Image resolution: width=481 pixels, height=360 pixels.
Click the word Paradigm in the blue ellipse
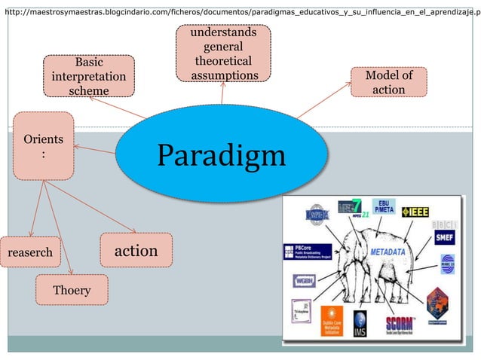tap(221, 157)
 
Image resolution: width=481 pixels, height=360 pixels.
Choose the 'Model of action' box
tap(388, 82)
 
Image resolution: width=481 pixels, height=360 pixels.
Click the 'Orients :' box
tap(44, 146)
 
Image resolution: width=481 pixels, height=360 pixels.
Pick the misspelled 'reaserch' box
tap(30, 252)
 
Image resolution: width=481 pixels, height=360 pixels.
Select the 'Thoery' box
tap(72, 290)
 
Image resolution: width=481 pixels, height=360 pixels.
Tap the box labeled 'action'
tap(136, 250)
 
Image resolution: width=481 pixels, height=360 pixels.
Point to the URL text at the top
tap(240, 13)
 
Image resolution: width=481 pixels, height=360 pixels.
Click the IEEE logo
tap(415, 212)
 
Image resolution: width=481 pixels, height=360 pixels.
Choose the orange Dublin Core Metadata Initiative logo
tap(332, 323)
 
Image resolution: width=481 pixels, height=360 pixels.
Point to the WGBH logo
tap(305, 281)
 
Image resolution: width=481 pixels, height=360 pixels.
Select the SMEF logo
tap(444, 237)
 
